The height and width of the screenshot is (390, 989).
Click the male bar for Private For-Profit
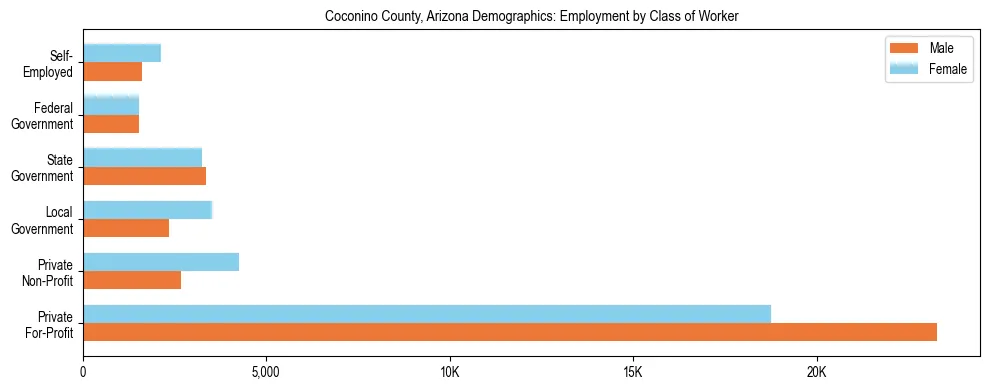[510, 332]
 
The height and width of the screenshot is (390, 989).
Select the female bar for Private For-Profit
[427, 314]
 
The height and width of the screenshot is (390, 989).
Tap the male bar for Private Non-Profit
[132, 280]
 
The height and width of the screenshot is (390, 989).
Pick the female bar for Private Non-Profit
[161, 262]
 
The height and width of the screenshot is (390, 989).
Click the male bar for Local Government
[126, 228]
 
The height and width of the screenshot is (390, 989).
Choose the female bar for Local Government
[148, 210]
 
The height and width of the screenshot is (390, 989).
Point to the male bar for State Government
[144, 176]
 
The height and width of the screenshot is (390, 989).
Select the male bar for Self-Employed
[112, 72]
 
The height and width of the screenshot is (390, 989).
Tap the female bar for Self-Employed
[122, 54]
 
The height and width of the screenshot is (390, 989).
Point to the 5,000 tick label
[266, 373]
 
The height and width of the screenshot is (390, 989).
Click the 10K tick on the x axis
[449, 373]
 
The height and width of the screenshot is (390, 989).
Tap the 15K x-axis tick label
[633, 373]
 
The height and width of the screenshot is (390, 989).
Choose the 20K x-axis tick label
[816, 373]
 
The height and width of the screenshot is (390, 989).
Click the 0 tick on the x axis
[83, 373]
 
